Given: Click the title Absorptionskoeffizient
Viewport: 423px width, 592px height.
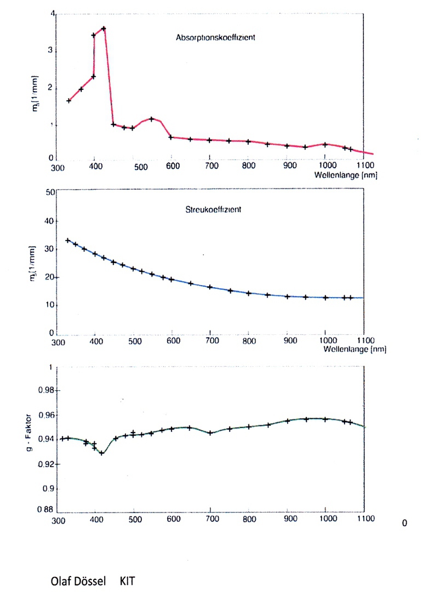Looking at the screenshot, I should tap(216, 38).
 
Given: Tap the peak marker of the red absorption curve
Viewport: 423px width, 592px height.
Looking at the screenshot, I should tap(104, 29).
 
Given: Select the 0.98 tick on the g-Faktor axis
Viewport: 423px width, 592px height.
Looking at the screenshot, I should tap(44, 390).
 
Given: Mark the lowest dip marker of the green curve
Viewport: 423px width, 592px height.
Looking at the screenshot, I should tap(102, 453).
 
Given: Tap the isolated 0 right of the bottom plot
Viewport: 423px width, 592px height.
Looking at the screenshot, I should tap(404, 523).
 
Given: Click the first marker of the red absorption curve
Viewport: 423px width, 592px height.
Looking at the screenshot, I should tap(69, 101).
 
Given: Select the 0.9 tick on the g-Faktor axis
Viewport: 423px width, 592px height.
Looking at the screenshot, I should tap(48, 488).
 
